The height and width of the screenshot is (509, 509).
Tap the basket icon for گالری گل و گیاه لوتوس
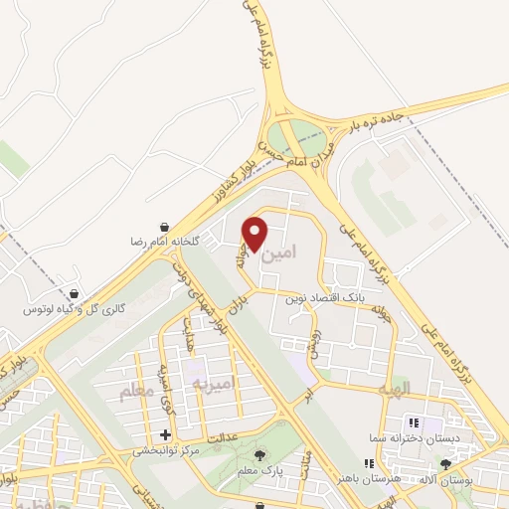pyautogui.click(x=77, y=294)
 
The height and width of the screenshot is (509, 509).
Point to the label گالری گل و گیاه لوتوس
pyautogui.click(x=76, y=309)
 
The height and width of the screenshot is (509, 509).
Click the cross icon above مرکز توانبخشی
pyautogui.click(x=165, y=435)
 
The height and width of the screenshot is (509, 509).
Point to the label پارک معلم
pyautogui.click(x=292, y=467)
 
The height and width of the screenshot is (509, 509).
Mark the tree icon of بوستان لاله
pyautogui.click(x=444, y=463)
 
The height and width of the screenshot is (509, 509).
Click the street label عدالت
pyautogui.click(x=225, y=436)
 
